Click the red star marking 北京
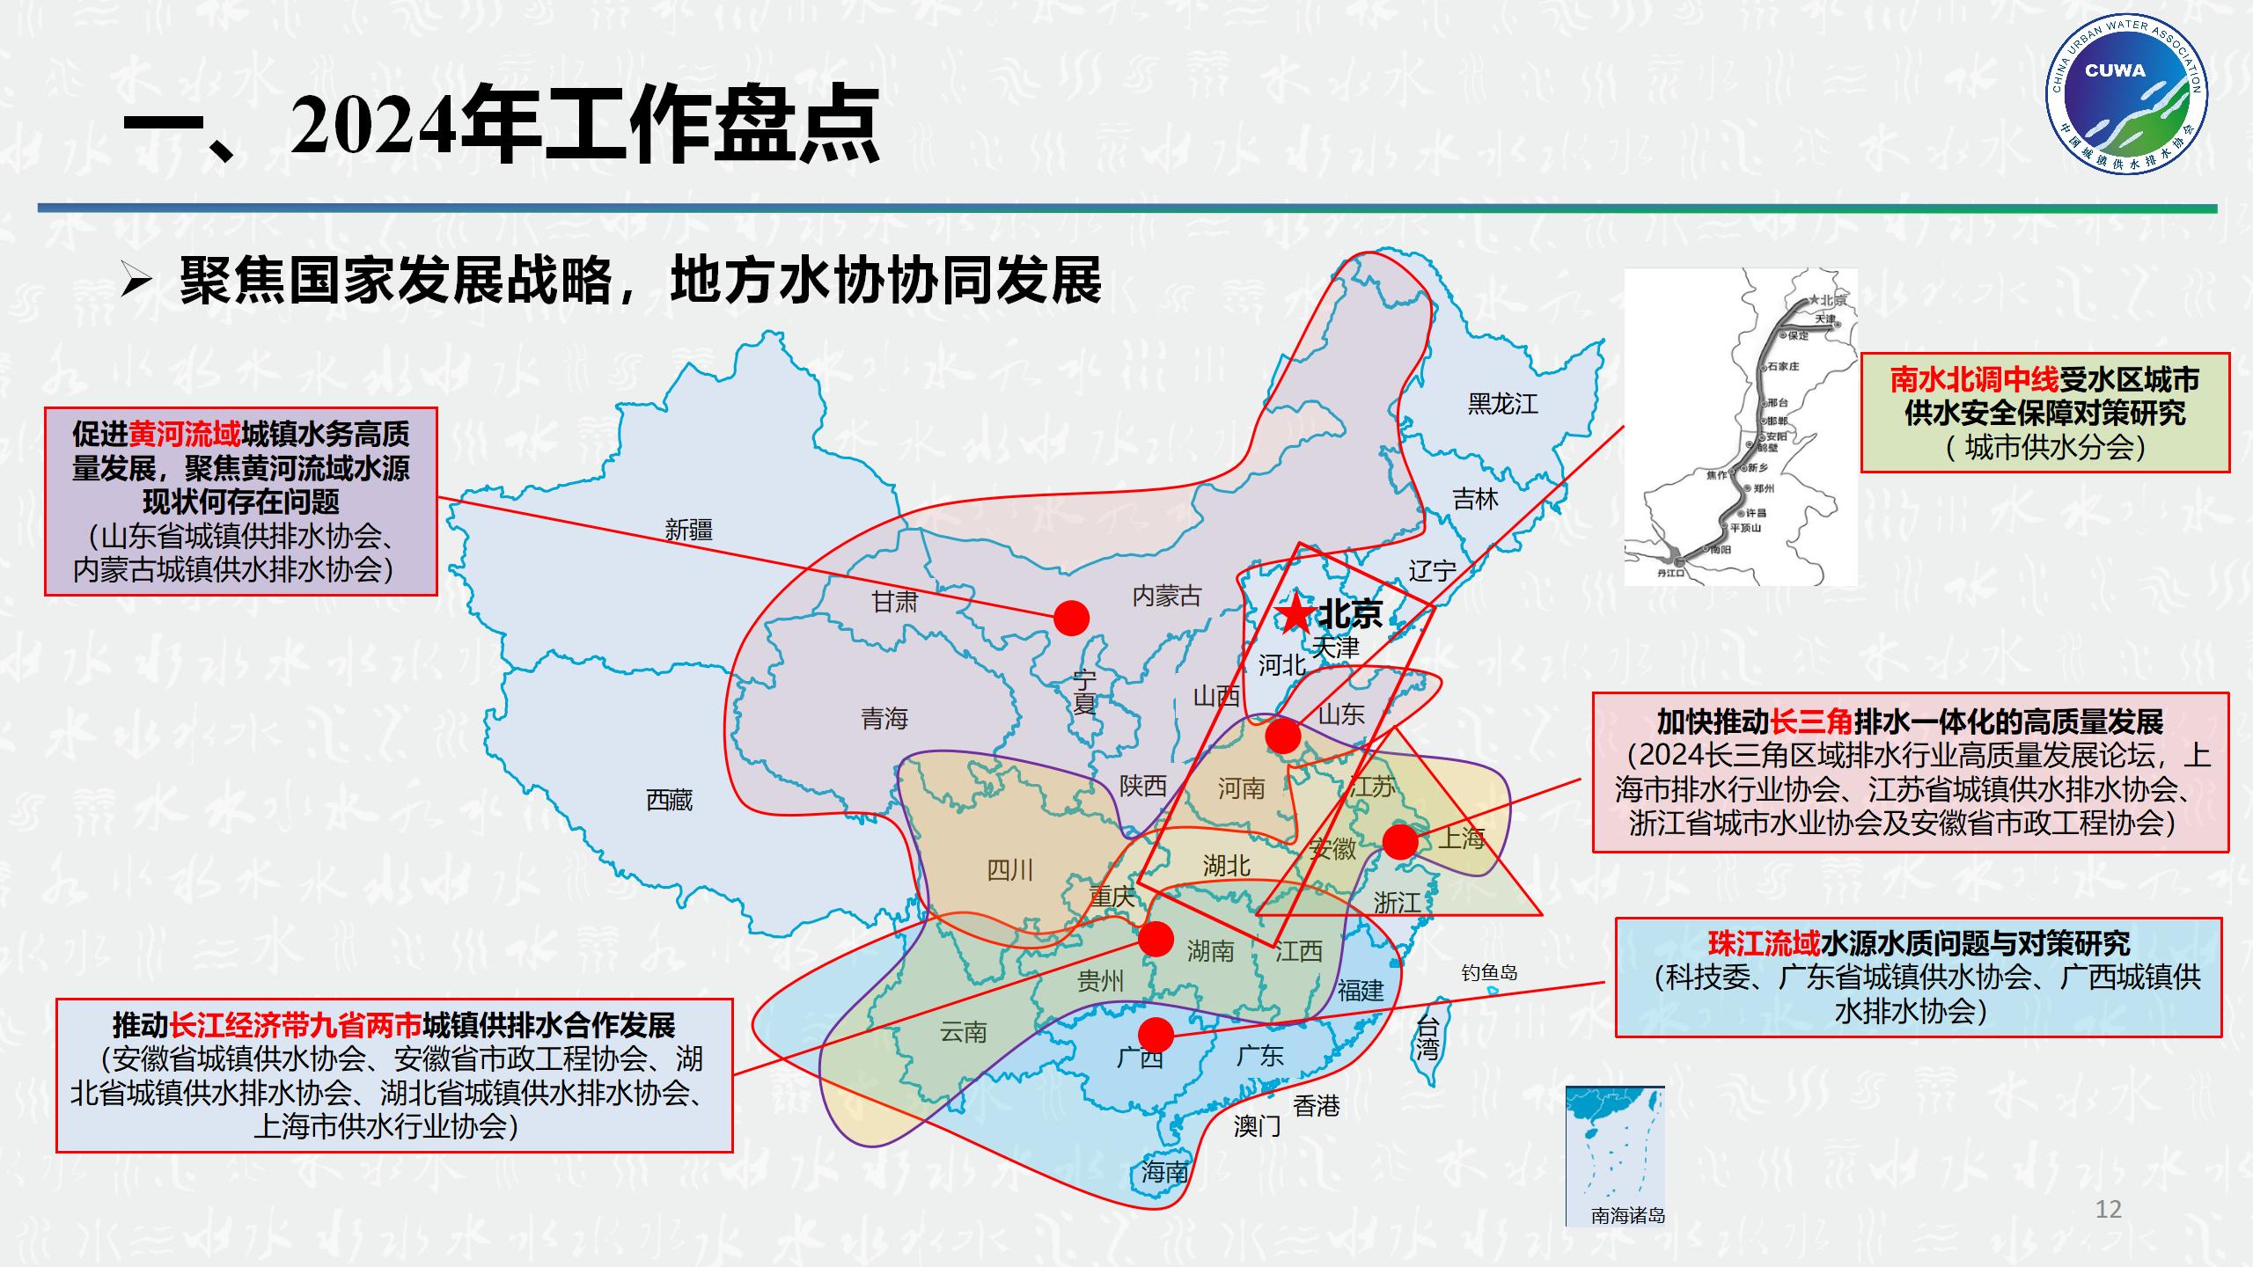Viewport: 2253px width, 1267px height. click(1295, 613)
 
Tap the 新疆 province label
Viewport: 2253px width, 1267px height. click(688, 530)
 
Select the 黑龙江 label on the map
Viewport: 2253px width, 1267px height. click(1502, 404)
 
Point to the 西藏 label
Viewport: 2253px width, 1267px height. click(669, 800)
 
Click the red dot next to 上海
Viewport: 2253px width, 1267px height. click(1400, 842)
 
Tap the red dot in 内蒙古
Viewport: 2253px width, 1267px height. click(1071, 619)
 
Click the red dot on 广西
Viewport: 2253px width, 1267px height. click(1156, 1035)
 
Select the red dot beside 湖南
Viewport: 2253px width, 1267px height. click(1156, 939)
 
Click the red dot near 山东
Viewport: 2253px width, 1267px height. click(1282, 736)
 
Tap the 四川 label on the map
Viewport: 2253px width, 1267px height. click(1009, 870)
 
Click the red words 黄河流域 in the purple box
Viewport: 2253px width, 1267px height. click(184, 435)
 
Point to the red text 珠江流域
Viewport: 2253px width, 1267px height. click(1764, 943)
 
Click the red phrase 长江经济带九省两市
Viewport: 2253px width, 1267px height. click(295, 1025)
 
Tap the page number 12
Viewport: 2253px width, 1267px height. click(2108, 1209)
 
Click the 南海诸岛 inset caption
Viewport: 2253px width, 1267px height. click(1627, 1216)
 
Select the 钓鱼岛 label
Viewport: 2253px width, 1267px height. click(1489, 972)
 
